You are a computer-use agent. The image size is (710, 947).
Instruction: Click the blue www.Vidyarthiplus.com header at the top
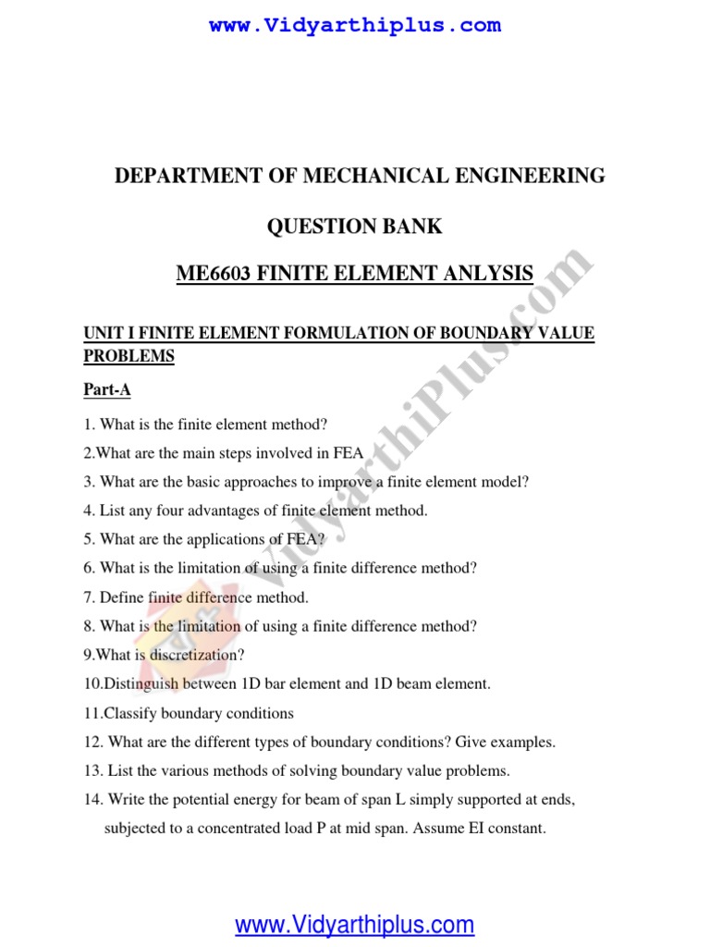355,26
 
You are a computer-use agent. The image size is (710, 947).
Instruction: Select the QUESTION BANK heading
355,227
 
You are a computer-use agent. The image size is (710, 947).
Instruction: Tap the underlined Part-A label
107,390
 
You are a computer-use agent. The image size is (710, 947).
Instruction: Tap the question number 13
91,770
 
